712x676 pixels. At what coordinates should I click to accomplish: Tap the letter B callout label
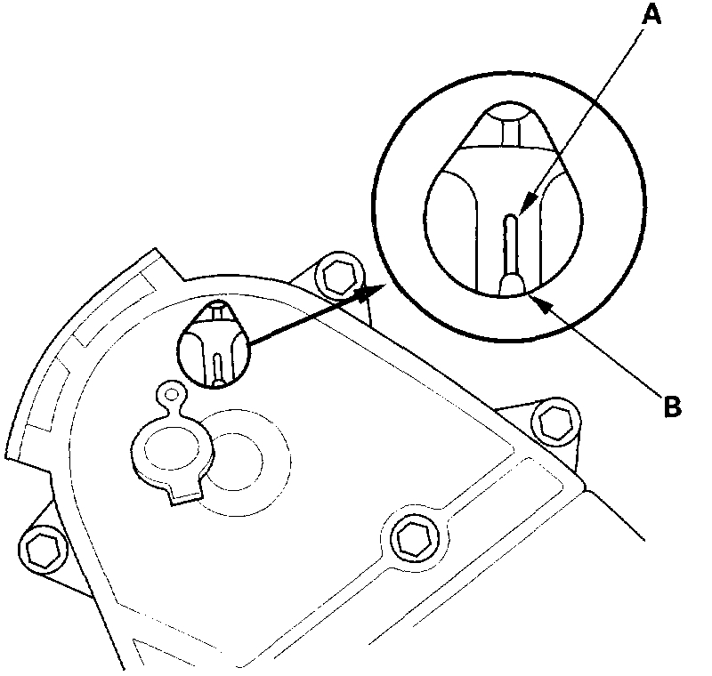point(672,408)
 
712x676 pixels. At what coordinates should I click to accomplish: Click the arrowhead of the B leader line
point(535,299)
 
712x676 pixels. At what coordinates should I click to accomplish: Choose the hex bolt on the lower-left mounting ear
point(40,551)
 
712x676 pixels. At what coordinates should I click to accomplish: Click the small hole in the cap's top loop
point(170,394)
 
